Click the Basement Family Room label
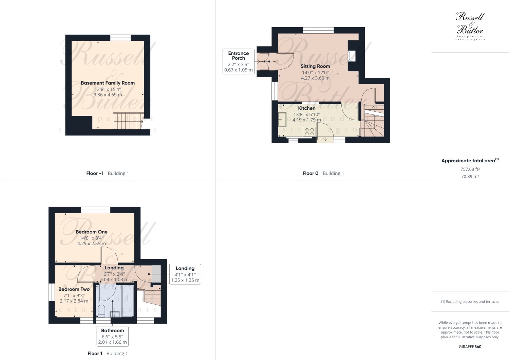tap(108, 83)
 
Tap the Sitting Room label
tap(315, 66)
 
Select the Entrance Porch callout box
tap(238, 61)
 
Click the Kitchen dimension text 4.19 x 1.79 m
tap(306, 120)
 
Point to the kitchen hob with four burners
tap(309, 131)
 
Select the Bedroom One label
tap(92, 232)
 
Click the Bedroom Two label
tap(74, 289)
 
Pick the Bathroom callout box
tap(112, 336)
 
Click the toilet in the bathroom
tap(101, 310)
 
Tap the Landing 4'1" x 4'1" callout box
tap(185, 274)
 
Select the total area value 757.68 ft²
tap(470, 169)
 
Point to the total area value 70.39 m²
tap(470, 177)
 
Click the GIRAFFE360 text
tap(470, 347)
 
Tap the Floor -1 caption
tap(95, 173)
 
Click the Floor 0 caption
tap(310, 173)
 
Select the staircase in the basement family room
tap(128, 121)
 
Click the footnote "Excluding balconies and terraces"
tap(470, 302)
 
